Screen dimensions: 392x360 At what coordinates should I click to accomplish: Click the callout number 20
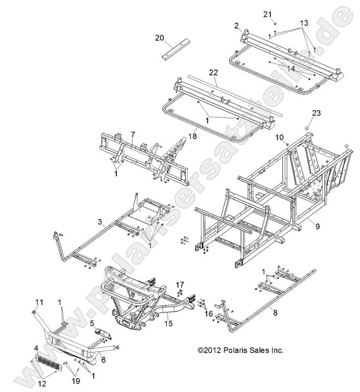pos(160,37)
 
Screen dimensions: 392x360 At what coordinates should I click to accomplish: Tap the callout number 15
pos(169,323)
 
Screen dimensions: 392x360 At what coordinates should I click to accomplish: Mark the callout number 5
pos(91,323)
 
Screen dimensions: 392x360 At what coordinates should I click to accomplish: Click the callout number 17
pos(179,284)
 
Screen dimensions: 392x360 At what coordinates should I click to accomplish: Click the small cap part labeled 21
pos(273,23)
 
